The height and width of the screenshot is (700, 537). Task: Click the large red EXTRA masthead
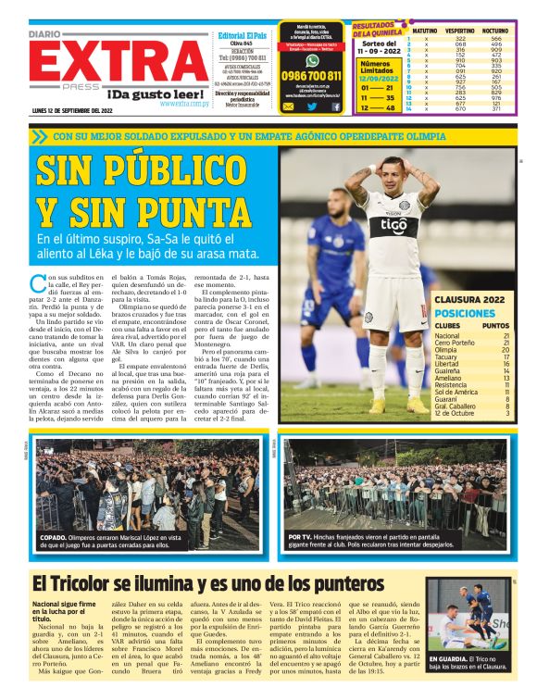[106, 64]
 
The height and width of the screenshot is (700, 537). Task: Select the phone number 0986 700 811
[311, 75]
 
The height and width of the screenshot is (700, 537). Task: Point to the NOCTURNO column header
[495, 31]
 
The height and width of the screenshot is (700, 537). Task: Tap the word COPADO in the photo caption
[52, 536]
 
